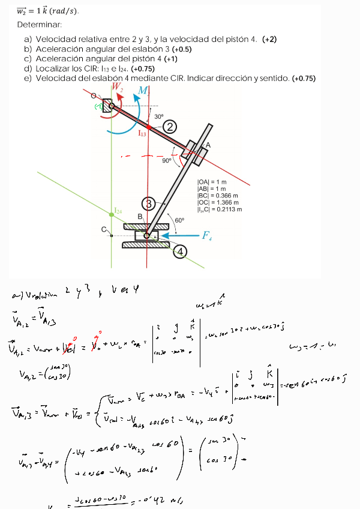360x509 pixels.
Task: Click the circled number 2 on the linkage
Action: [x=171, y=126]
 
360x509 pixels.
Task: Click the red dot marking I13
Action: [x=149, y=127]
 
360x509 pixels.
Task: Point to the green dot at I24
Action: [x=112, y=214]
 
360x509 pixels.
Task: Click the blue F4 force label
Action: [x=207, y=236]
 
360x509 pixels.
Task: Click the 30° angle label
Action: [x=158, y=116]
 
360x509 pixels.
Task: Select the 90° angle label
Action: [x=167, y=160]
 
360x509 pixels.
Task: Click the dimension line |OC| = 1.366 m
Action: [x=220, y=202]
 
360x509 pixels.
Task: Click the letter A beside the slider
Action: [x=208, y=145]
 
